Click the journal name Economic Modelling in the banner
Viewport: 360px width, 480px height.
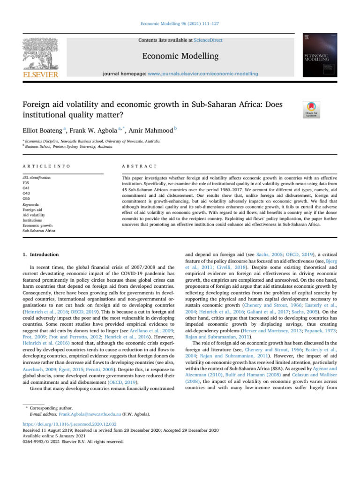click(x=180, y=57)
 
